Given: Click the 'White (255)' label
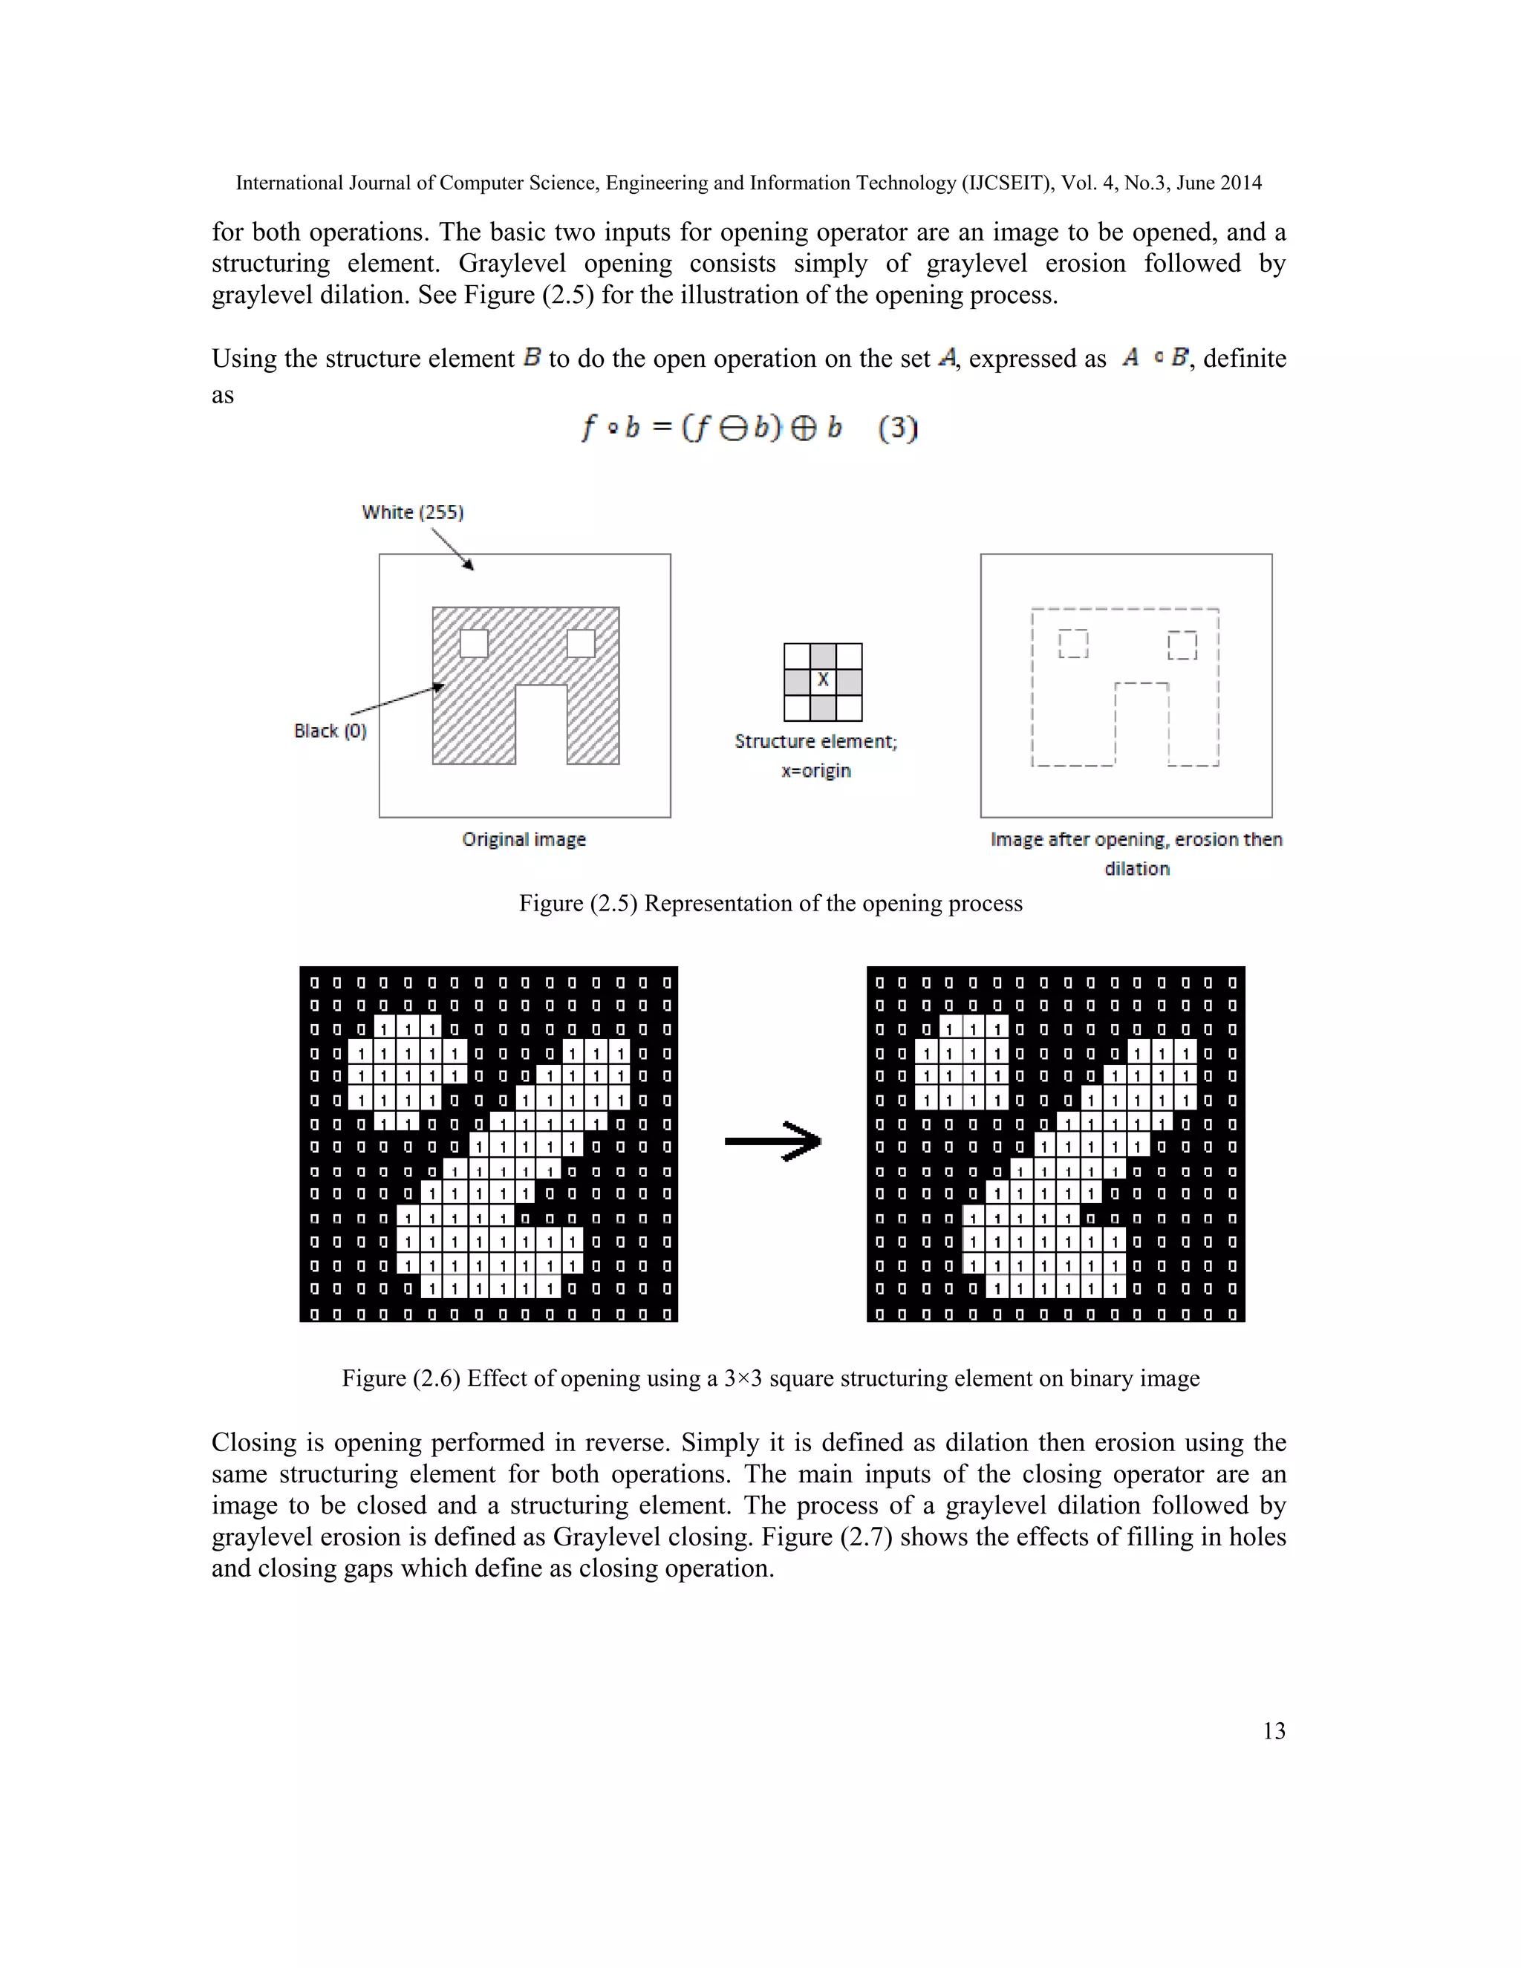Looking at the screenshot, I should click(x=413, y=512).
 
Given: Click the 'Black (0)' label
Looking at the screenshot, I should click(x=330, y=731).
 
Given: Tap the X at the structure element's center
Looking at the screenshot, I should click(x=823, y=681).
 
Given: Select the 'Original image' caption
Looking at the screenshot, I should click(x=524, y=839).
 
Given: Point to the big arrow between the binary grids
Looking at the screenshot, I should click(x=773, y=1141).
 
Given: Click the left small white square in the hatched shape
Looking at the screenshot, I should click(x=474, y=643).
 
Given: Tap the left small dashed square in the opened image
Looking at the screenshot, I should click(x=1073, y=643).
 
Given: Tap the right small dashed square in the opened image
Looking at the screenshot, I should click(x=1182, y=645).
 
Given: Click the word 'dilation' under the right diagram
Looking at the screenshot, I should click(x=1136, y=869).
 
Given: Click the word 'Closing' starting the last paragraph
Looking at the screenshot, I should click(x=254, y=1443).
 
